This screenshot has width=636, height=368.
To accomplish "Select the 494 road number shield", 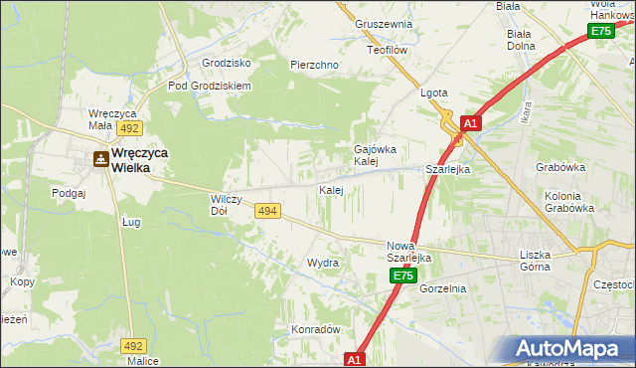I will pos(266,211).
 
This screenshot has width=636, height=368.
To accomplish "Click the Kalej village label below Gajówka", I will pos(331,189).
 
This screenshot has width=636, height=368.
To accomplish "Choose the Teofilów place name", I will pos(388,49).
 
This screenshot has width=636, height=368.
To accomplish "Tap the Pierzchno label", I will pos(315,65).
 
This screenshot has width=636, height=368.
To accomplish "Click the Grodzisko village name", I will pos(226,62).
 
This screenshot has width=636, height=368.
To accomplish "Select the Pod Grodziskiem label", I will pos(210,86).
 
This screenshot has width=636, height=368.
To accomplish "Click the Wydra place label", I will pos(323,264).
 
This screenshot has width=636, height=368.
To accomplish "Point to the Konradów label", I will pos(316,329).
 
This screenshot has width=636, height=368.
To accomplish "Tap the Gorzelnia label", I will pos(443,288).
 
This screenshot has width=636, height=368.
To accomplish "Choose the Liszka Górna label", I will pos(542,261).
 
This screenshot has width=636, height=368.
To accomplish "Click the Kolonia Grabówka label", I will pos(569,203).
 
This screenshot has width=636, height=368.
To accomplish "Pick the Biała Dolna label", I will pos(521,39).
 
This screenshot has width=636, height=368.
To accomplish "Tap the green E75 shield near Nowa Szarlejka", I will pos(401,276).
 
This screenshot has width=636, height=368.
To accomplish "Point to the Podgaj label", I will pos(69,193).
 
